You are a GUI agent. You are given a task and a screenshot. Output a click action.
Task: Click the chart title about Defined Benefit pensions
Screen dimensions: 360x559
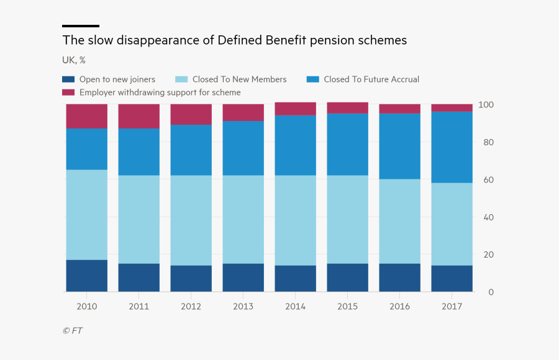tap(234, 40)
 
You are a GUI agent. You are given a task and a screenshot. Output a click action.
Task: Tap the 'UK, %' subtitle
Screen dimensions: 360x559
tap(74, 60)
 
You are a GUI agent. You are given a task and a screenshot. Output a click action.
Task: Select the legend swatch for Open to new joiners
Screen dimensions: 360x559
tap(68, 79)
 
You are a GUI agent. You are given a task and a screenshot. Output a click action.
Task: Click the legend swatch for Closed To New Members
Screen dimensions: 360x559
tap(181, 79)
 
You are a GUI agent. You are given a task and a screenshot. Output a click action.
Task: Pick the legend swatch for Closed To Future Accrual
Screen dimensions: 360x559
tap(313, 79)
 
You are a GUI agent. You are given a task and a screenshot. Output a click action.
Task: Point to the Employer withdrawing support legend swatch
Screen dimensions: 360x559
tap(68, 92)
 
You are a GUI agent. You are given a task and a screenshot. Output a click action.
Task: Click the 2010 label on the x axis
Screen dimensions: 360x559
tap(86, 306)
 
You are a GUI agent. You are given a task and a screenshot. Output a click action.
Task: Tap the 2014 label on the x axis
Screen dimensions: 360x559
tap(295, 306)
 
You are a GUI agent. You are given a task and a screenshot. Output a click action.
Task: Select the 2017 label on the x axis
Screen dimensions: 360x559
tap(452, 306)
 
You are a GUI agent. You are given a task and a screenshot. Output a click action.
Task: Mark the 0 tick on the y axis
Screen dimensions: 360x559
tap(490, 292)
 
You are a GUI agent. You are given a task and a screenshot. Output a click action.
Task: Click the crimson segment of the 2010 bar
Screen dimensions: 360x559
tap(86, 117)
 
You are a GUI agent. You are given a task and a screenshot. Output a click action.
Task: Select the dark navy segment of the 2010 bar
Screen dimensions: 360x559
tap(86, 276)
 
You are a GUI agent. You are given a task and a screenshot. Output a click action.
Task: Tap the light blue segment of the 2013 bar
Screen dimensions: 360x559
tap(243, 219)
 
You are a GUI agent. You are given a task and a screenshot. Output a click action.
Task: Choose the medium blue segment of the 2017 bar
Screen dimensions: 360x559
tap(452, 147)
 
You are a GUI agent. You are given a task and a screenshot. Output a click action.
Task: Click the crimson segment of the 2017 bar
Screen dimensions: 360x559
tap(452, 108)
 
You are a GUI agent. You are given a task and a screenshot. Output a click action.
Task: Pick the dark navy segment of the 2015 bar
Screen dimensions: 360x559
tap(347, 277)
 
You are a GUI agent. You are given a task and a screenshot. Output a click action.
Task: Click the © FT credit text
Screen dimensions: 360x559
tap(72, 331)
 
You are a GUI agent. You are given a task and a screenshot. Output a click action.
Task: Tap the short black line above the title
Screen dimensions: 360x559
tap(81, 26)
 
